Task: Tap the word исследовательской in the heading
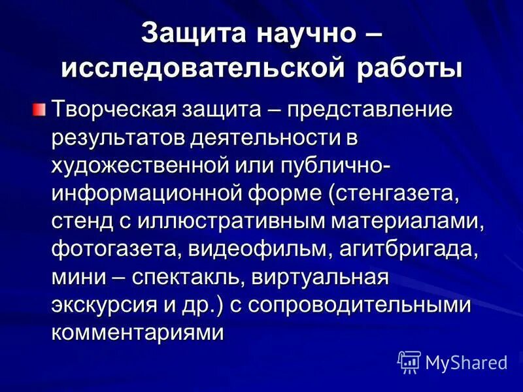207,68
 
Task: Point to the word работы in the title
411,68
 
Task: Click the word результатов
117,137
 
